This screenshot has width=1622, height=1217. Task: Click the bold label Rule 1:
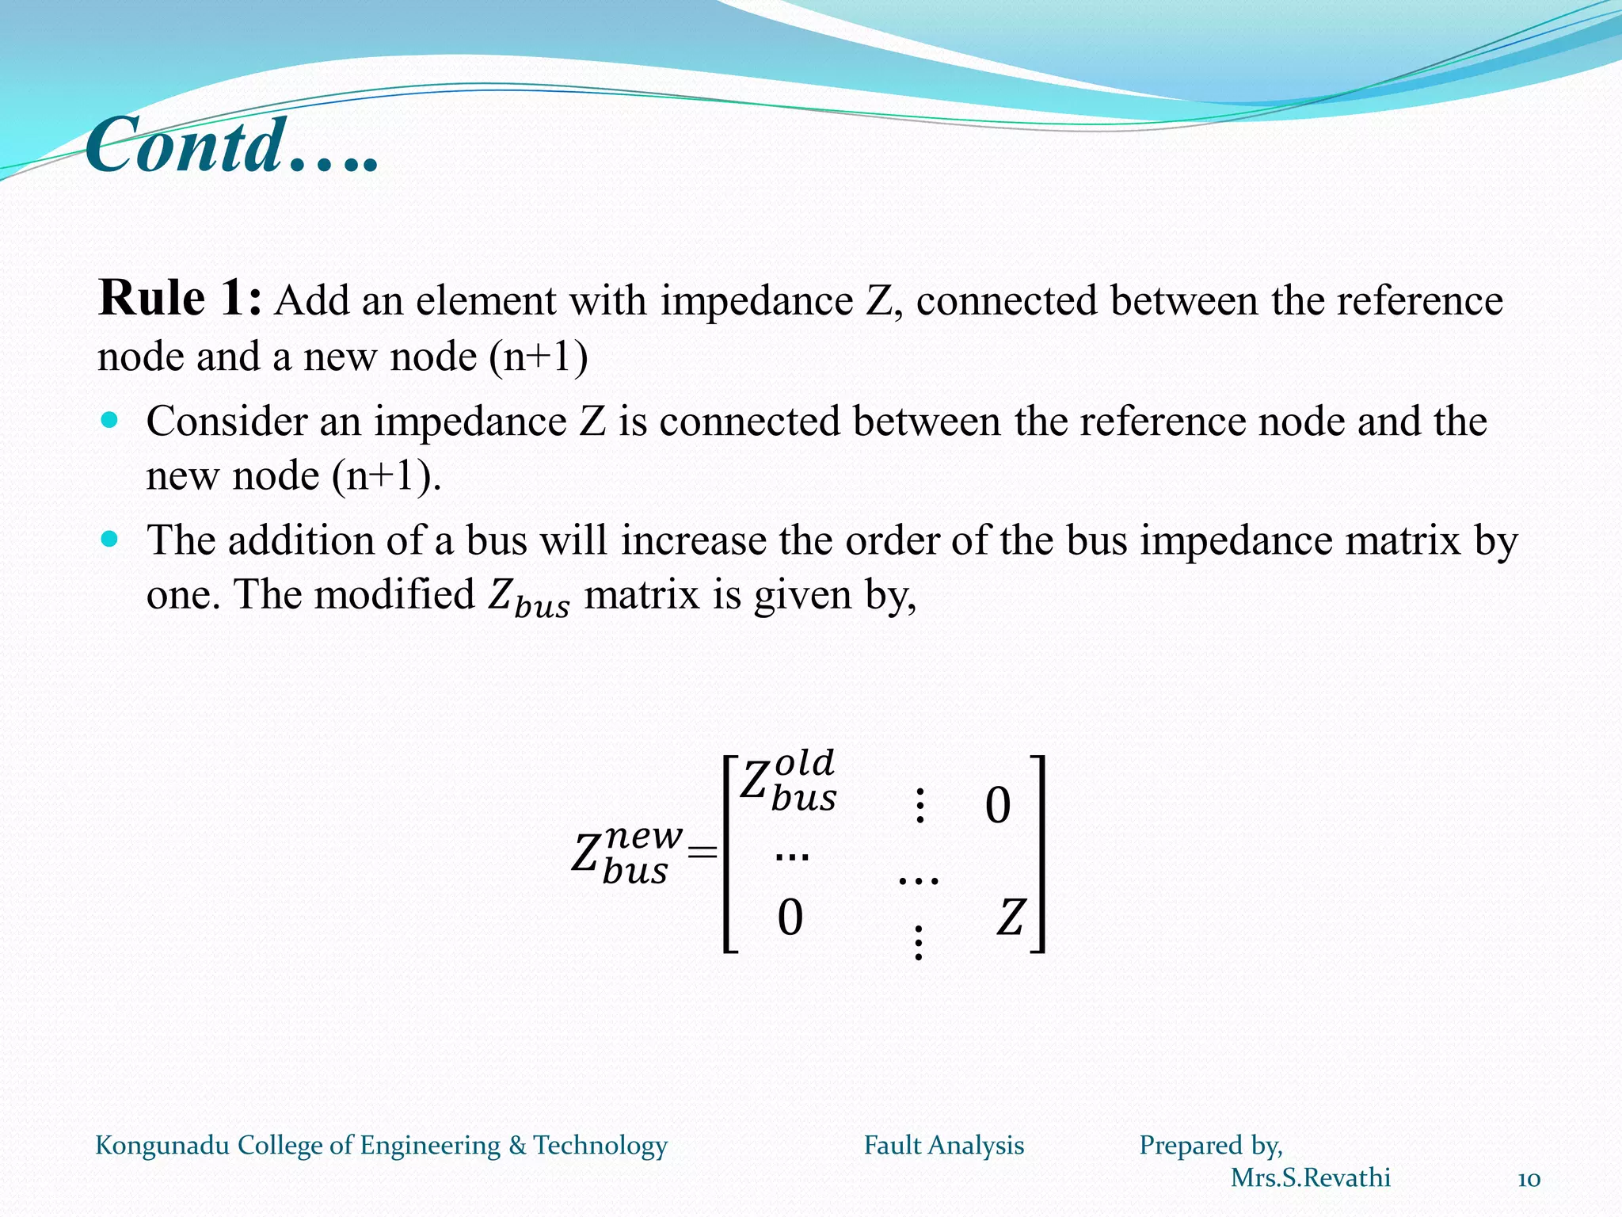point(179,299)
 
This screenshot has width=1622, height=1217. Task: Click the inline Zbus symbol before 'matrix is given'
point(528,597)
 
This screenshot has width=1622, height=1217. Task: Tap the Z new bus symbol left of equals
point(626,854)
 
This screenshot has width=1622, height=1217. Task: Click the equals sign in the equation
point(702,853)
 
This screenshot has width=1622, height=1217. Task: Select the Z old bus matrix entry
point(787,781)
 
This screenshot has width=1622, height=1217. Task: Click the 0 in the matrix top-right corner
point(998,806)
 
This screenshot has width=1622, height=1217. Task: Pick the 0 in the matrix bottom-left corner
point(790,918)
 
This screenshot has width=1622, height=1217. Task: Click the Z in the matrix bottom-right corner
point(1011,918)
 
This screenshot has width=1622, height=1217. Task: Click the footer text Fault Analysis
point(943,1145)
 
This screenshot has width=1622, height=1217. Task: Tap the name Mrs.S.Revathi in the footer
point(1310,1178)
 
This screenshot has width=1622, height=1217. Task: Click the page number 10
point(1529,1180)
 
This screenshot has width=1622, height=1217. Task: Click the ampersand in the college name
point(517,1145)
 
